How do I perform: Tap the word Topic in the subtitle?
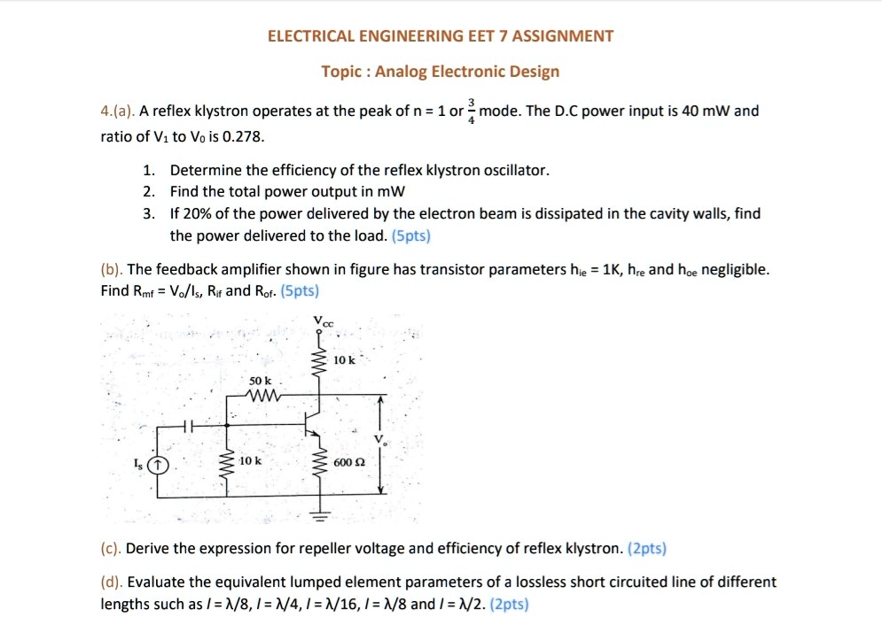click(x=341, y=72)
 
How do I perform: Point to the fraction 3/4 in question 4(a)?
click(x=472, y=112)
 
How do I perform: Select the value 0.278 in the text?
click(x=244, y=137)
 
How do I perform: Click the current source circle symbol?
click(x=158, y=465)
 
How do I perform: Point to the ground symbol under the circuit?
click(x=319, y=514)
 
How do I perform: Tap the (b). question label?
click(x=113, y=269)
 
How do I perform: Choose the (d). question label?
click(x=113, y=582)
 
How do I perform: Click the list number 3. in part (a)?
click(x=150, y=214)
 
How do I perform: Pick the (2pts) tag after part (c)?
click(x=646, y=549)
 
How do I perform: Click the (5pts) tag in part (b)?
click(x=299, y=290)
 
